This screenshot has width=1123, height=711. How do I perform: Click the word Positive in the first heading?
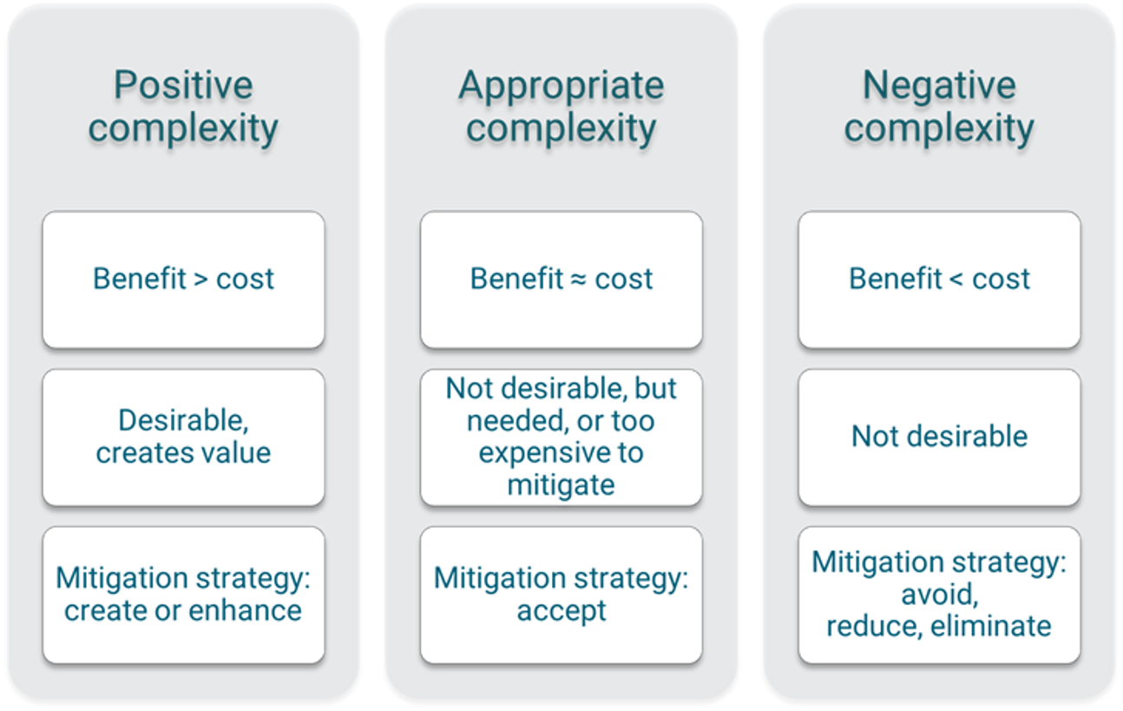(183, 85)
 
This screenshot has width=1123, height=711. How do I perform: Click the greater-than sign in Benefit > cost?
(200, 279)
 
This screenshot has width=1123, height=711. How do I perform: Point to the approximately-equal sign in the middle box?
(579, 280)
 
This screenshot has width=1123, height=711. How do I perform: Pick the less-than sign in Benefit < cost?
(956, 279)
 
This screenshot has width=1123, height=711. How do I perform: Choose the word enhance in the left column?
(245, 610)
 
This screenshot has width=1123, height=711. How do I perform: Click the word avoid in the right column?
(940, 596)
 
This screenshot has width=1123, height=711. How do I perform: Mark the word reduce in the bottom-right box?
(874, 628)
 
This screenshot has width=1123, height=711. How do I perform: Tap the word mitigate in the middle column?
(561, 486)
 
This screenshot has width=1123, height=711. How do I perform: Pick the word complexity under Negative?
(939, 129)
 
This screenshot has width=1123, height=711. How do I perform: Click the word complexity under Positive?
(183, 129)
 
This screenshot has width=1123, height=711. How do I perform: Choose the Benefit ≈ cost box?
(561, 280)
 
